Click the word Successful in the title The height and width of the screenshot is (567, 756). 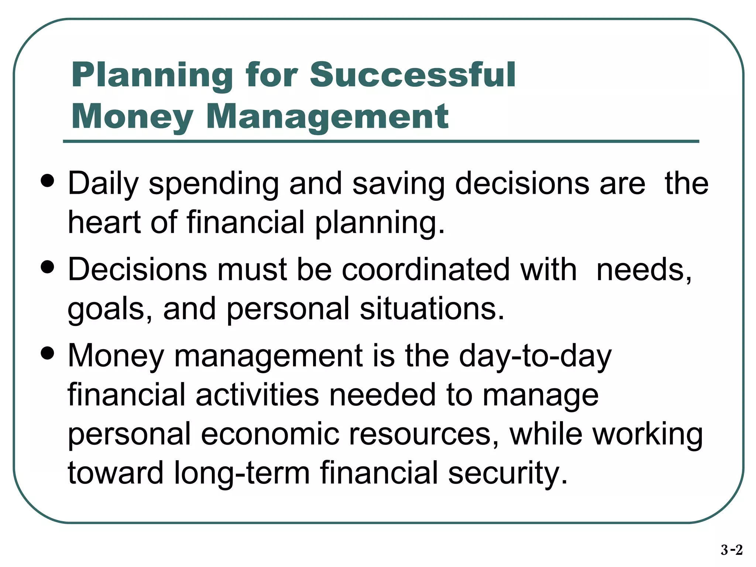(x=412, y=75)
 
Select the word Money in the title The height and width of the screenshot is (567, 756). (x=133, y=117)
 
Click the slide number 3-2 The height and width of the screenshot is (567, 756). (x=731, y=550)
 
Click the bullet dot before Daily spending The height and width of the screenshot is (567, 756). (x=48, y=181)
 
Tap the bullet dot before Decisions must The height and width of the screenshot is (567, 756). (x=48, y=267)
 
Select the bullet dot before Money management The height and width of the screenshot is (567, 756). (x=48, y=353)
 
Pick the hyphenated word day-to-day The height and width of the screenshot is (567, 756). (x=535, y=356)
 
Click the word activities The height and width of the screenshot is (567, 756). (x=257, y=395)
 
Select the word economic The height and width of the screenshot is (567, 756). (x=270, y=434)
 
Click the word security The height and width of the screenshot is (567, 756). (x=508, y=474)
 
